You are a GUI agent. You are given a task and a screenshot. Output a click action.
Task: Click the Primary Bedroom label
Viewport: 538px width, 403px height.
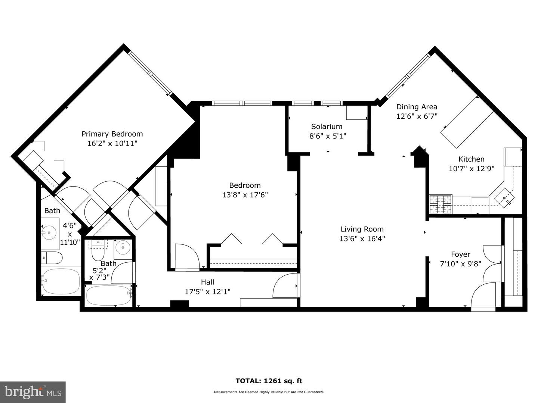112,134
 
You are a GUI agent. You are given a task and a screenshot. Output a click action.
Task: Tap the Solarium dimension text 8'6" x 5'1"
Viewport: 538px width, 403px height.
328,136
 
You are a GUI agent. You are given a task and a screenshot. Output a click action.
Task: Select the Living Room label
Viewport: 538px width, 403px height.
362,229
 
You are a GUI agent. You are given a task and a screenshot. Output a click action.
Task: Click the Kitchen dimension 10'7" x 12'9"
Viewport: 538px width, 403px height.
471,169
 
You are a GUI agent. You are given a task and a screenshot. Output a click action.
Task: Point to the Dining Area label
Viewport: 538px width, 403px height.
417,107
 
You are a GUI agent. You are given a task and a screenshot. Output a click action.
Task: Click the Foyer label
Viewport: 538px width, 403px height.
460,254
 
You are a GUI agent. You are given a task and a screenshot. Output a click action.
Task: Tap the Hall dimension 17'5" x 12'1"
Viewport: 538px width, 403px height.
207,291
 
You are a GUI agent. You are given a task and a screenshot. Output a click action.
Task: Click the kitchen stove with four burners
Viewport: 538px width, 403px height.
440,204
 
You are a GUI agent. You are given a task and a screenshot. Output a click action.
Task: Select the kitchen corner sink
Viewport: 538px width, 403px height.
504,198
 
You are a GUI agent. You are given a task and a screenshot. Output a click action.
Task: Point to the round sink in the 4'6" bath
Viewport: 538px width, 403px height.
49,233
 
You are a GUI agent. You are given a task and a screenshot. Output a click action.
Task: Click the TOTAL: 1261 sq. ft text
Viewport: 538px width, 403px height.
269,381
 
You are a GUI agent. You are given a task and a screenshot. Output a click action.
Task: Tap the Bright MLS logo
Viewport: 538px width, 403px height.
33,392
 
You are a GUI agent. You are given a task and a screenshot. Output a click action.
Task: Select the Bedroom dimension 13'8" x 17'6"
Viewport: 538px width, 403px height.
245,195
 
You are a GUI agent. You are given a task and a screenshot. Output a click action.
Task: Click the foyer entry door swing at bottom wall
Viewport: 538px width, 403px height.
483,295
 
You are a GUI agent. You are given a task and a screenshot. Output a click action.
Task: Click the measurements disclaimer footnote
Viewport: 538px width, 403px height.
269,392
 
